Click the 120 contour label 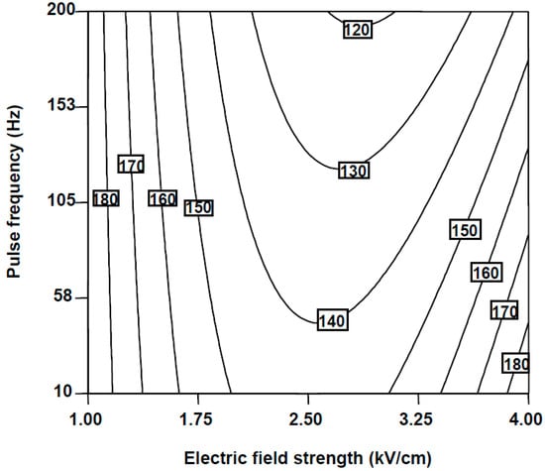pyautogui.click(x=358, y=30)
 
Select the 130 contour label pyautogui.click(x=354, y=171)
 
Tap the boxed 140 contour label pyautogui.click(x=332, y=320)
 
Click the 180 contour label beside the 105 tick pyautogui.click(x=106, y=199)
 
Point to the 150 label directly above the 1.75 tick pyautogui.click(x=198, y=208)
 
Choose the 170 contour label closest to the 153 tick pyautogui.click(x=131, y=165)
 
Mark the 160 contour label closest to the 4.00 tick pyautogui.click(x=486, y=273)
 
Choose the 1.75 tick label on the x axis pyautogui.click(x=198, y=419)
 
